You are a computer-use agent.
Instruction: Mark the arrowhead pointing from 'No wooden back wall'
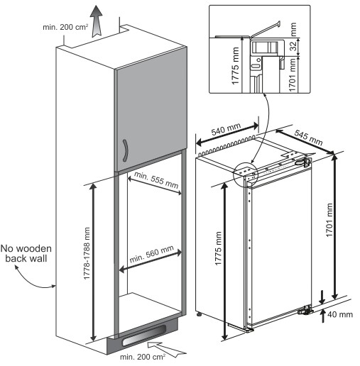(x=55, y=287)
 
